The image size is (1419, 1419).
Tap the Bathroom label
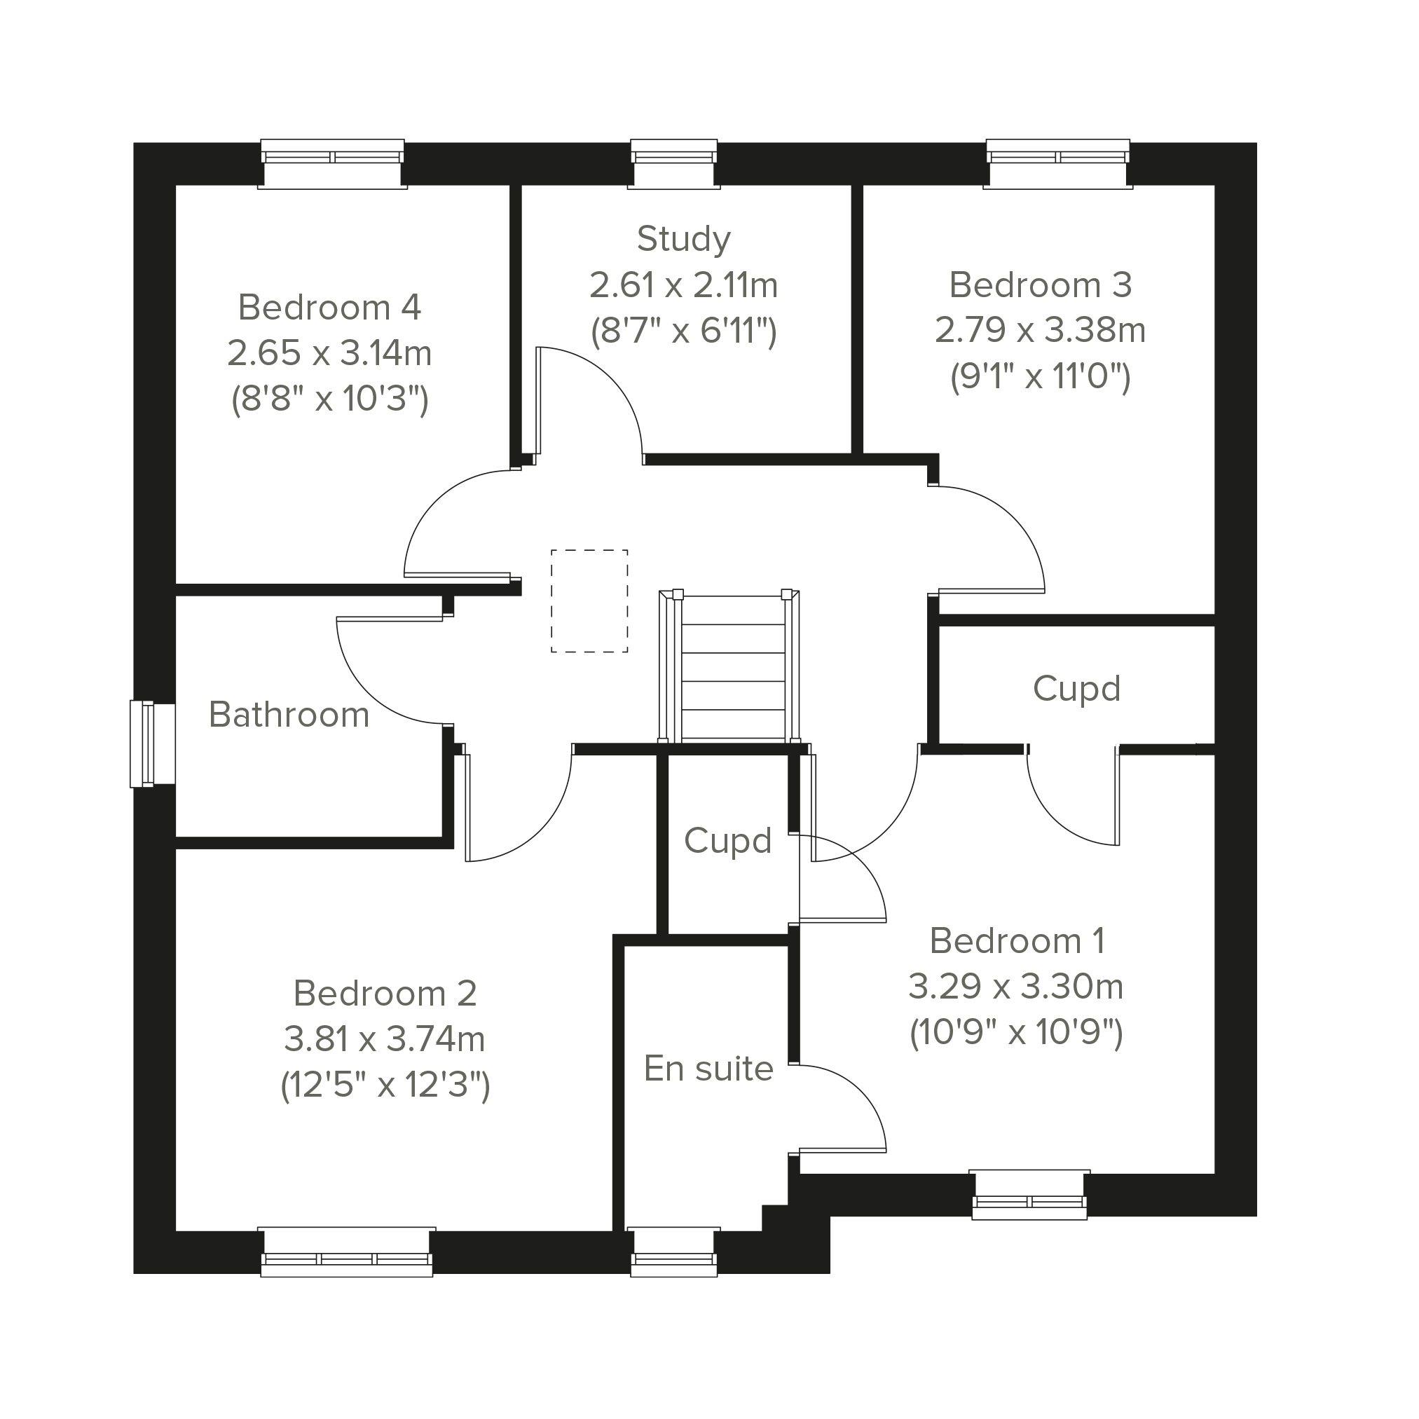click(x=289, y=715)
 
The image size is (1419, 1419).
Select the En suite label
click(x=708, y=1069)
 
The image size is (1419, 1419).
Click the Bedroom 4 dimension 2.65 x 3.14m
click(x=330, y=353)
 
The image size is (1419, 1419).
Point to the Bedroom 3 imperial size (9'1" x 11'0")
click(x=1041, y=377)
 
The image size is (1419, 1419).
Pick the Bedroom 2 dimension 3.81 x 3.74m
click(x=385, y=1039)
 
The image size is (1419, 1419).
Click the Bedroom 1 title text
click(x=1017, y=941)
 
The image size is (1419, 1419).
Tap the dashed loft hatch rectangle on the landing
click(x=590, y=601)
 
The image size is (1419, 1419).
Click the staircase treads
click(x=733, y=668)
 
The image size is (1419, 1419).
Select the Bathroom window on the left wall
click(x=153, y=745)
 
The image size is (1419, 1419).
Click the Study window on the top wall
click(x=673, y=164)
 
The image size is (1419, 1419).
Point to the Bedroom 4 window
click(x=333, y=164)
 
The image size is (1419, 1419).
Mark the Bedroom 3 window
click(x=1057, y=164)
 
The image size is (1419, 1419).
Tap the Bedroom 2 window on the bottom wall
click(x=347, y=1252)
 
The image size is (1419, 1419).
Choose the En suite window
click(x=673, y=1252)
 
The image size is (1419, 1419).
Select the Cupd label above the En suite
click(x=728, y=842)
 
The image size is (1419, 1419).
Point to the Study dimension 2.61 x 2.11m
click(x=684, y=286)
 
